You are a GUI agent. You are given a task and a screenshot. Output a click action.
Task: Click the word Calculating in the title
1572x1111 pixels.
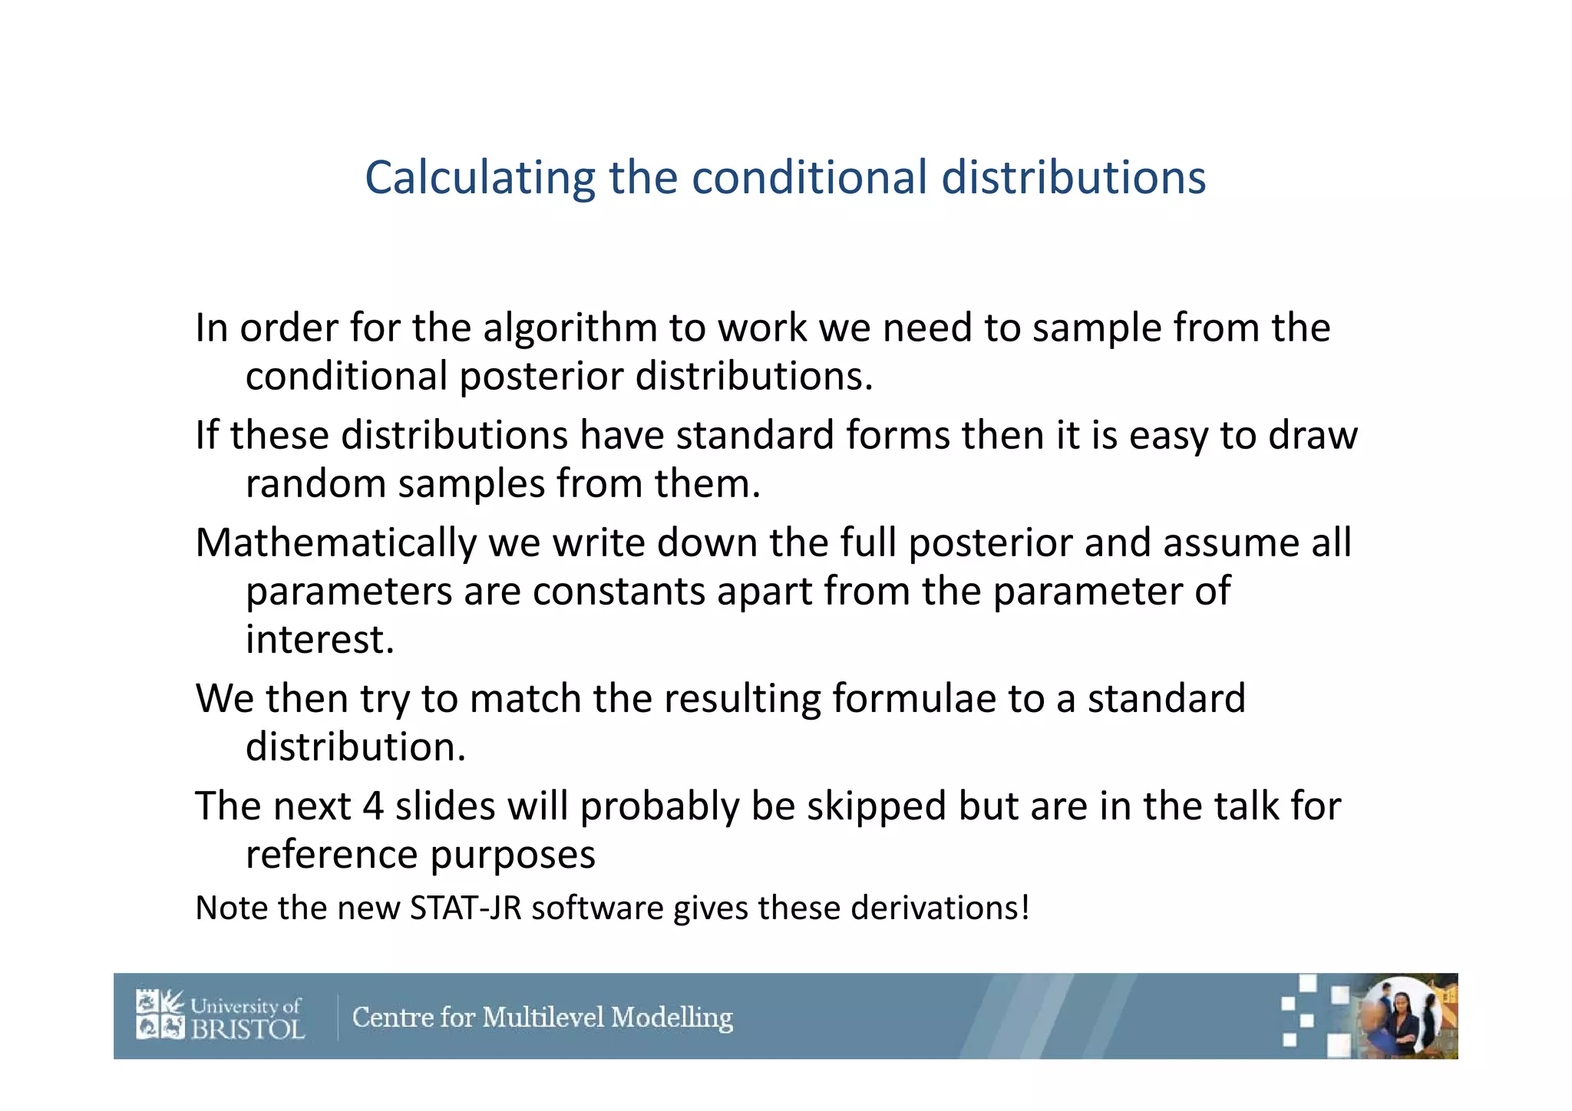click(479, 178)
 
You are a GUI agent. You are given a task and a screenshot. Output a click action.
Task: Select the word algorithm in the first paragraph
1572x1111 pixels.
click(570, 328)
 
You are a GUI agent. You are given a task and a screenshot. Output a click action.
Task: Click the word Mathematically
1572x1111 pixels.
click(335, 544)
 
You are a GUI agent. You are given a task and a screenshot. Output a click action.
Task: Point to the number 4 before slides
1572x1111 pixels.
click(373, 806)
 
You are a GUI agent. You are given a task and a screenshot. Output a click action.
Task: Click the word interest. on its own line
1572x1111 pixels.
click(319, 640)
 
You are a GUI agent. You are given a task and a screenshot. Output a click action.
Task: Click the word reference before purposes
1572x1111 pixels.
click(332, 855)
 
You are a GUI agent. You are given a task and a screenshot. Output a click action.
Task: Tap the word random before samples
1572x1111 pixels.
click(315, 484)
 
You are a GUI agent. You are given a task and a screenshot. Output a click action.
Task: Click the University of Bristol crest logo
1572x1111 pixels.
click(160, 1014)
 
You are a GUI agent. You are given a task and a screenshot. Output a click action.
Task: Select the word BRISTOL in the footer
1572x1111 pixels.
click(248, 1029)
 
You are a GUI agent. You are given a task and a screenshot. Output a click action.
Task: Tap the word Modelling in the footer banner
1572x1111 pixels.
click(672, 1018)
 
